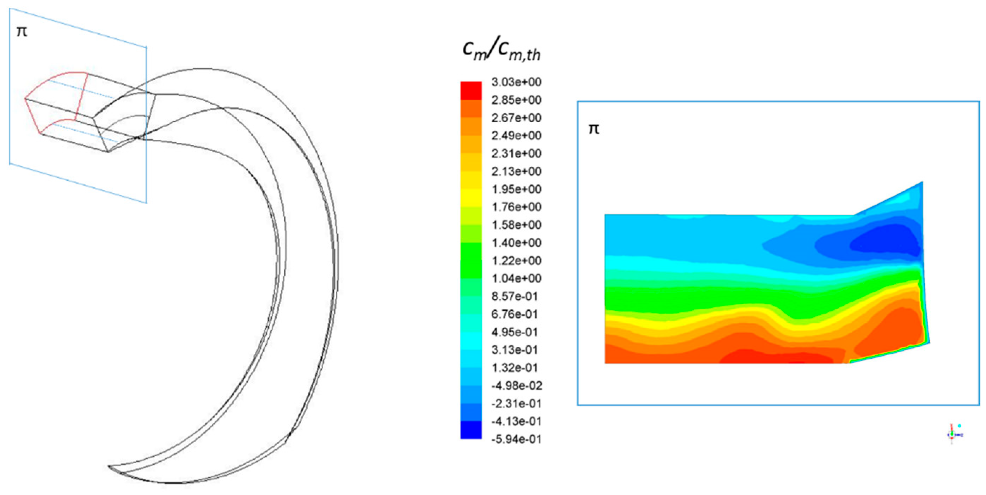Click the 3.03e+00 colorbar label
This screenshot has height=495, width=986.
[516, 82]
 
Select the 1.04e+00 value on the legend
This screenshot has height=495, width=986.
[516, 278]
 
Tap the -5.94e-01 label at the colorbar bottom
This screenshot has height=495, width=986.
[516, 439]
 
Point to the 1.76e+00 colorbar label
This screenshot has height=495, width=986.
[516, 207]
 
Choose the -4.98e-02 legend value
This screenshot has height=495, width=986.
[517, 385]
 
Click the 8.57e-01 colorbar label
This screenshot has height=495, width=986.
[515, 296]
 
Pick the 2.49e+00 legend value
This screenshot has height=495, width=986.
[516, 136]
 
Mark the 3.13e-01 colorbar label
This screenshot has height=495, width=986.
[515, 350]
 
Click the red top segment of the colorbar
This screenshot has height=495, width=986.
[471, 91]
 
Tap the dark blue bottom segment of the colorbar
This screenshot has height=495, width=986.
[471, 430]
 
